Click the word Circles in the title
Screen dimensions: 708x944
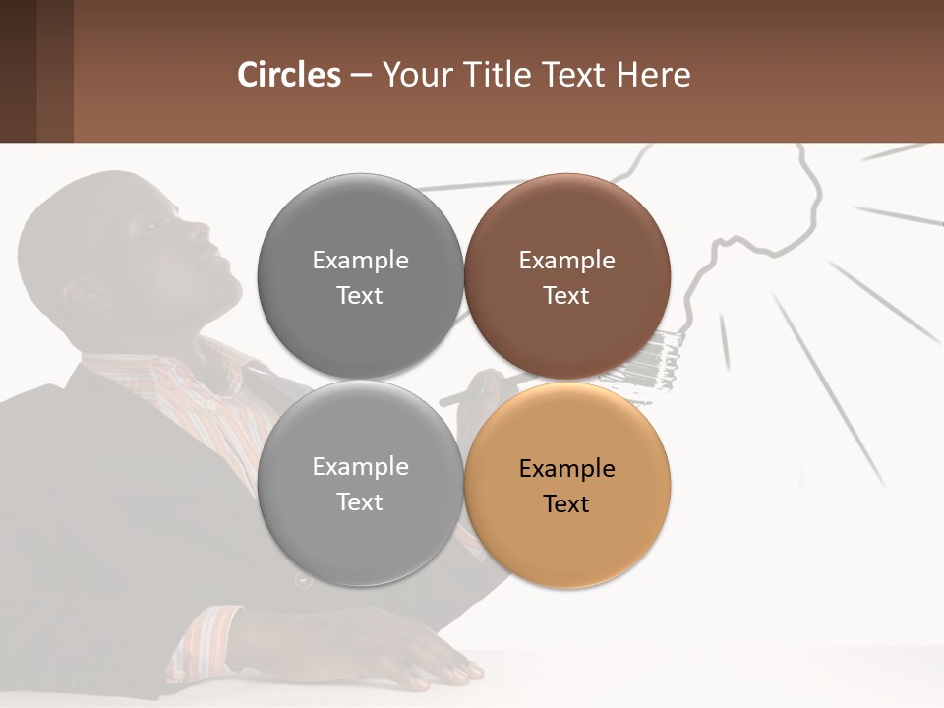[289, 75]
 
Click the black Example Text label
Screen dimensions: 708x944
[566, 486]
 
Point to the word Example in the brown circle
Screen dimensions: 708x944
[566, 261]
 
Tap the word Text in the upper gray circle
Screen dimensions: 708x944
[360, 296]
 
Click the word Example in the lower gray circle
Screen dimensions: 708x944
[360, 467]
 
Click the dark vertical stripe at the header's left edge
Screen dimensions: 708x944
[18, 71]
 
